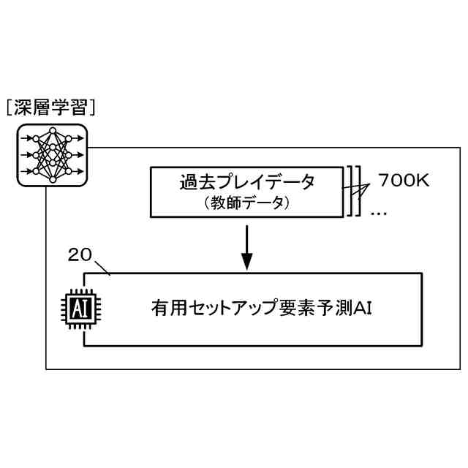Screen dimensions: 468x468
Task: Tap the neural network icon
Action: click(x=52, y=154)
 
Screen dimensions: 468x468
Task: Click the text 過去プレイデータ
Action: click(x=246, y=182)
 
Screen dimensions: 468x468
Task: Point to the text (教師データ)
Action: click(x=246, y=203)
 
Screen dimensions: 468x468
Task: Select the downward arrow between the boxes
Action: click(x=246, y=248)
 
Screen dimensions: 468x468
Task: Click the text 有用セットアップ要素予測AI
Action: click(x=263, y=309)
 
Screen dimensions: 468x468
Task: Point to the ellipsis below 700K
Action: click(x=378, y=212)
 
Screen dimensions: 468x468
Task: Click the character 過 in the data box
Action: click(x=188, y=182)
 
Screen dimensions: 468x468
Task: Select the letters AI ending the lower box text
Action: click(x=364, y=309)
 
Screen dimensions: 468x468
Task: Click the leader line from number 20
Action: click(x=102, y=266)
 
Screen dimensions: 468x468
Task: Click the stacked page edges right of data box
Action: click(x=354, y=191)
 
